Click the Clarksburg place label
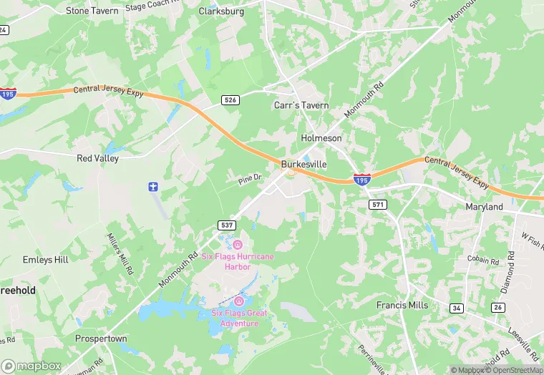(x=221, y=11)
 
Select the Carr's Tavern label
(x=301, y=105)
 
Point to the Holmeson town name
(x=321, y=137)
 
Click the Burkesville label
(x=304, y=164)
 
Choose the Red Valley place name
(x=97, y=157)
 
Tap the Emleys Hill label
(x=46, y=259)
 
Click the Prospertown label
(x=101, y=338)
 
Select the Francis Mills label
(x=402, y=305)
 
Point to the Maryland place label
(x=484, y=207)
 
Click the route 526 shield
(x=230, y=100)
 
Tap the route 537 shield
(x=226, y=225)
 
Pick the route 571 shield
(x=378, y=205)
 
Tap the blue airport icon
(x=152, y=187)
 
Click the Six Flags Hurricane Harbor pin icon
(x=238, y=244)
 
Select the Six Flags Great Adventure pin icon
(x=239, y=301)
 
